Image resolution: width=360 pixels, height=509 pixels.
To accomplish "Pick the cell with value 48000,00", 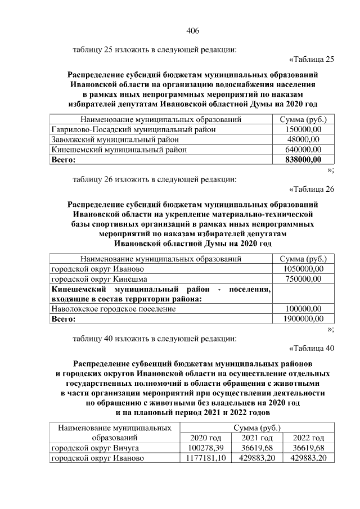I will click(x=303, y=139).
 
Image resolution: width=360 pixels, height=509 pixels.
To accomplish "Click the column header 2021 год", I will click(x=257, y=438).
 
